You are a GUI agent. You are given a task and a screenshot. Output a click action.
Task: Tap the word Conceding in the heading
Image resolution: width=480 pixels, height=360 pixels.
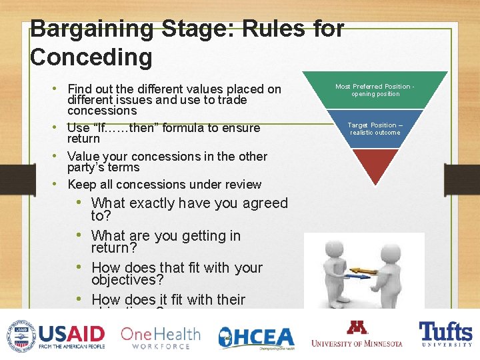point(91,57)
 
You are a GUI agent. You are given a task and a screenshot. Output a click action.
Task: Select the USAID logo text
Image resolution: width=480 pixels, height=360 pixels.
point(71,334)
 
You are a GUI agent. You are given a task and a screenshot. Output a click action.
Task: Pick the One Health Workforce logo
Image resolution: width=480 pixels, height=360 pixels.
point(160,337)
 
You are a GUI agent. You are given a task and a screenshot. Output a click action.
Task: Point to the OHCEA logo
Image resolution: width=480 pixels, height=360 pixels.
point(257,337)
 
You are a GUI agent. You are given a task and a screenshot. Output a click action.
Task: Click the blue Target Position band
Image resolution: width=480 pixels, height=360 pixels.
point(376,128)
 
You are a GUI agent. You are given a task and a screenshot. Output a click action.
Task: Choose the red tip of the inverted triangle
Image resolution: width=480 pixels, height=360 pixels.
point(376,165)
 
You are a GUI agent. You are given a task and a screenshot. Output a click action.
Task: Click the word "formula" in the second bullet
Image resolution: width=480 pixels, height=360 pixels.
point(191,128)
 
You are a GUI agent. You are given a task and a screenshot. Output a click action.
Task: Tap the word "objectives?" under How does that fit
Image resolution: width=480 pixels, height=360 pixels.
point(127,280)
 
